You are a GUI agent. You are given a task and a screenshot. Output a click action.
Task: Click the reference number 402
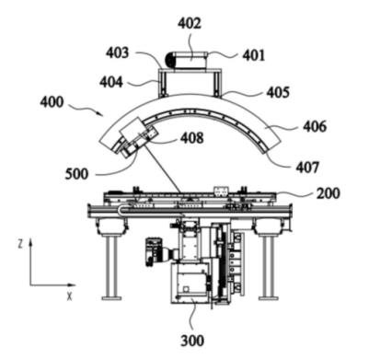pos(190,24)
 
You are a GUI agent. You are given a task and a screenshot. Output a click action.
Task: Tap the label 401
pos(254,55)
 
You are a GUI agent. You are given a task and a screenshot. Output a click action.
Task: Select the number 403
pos(118,52)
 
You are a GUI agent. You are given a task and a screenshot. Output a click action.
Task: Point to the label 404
pos(111,82)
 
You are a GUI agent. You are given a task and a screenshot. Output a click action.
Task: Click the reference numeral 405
pos(278,92)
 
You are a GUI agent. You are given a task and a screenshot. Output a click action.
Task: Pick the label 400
pos(52,102)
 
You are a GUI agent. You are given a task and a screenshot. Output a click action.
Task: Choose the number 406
pos(315,126)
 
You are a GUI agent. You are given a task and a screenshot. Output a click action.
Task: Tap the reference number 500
pos(76,174)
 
